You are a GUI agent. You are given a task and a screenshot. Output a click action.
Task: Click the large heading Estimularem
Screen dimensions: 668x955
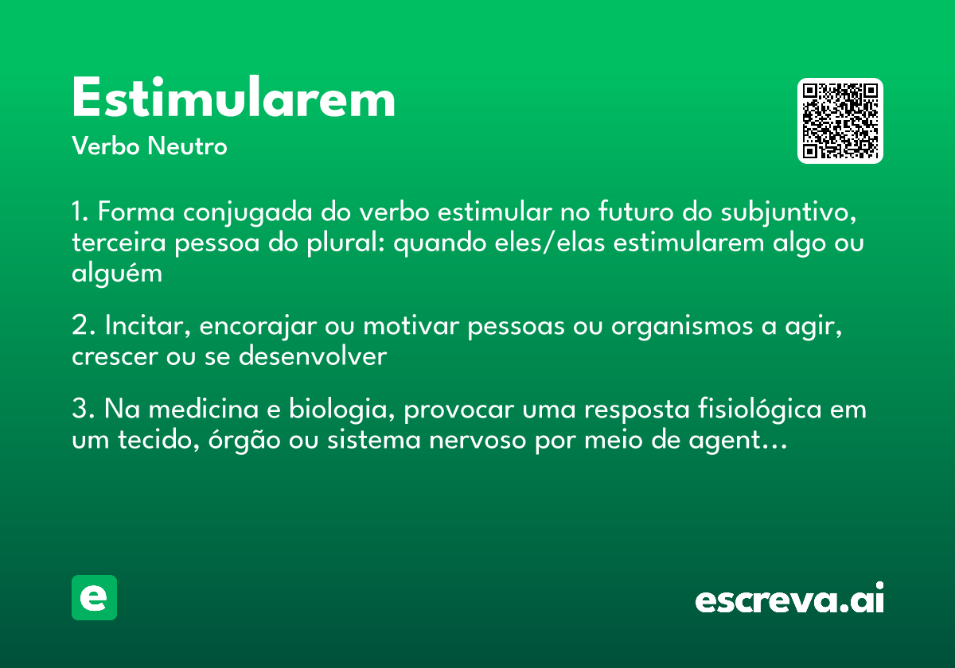coord(233,99)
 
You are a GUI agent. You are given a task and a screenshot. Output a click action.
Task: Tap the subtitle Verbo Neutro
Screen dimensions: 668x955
coord(149,146)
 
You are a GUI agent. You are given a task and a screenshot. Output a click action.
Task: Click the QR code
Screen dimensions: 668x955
coord(840,121)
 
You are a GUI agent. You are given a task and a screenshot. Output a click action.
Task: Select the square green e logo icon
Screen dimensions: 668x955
coord(94,597)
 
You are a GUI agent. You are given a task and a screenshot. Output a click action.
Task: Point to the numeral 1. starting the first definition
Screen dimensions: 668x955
coord(80,213)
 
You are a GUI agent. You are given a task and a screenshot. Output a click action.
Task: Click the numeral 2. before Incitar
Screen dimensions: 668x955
coord(83,327)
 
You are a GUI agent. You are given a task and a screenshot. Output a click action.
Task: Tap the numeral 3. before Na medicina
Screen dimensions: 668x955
coord(83,410)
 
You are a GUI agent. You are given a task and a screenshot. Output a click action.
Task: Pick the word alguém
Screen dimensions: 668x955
coord(117,274)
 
